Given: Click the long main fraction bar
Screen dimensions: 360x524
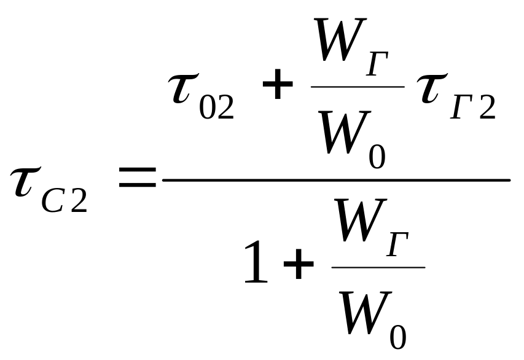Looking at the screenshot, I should tap(335, 180).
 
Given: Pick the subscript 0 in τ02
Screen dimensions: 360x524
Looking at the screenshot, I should tap(211, 108).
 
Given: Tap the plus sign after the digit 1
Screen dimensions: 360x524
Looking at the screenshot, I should tap(299, 268).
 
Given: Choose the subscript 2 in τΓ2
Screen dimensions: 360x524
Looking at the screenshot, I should tap(487, 108).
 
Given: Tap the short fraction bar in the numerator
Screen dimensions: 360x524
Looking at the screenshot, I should tap(358, 86).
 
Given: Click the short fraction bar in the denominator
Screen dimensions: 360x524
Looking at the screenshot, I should tap(378, 267).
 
